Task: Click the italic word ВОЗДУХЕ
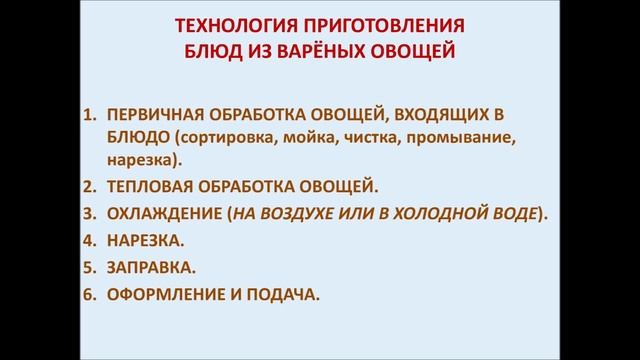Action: [x=306, y=213]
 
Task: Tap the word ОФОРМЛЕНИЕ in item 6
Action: [x=166, y=294]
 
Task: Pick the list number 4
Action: [x=87, y=240]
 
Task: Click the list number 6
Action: [x=87, y=294]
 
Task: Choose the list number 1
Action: [x=87, y=113]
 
